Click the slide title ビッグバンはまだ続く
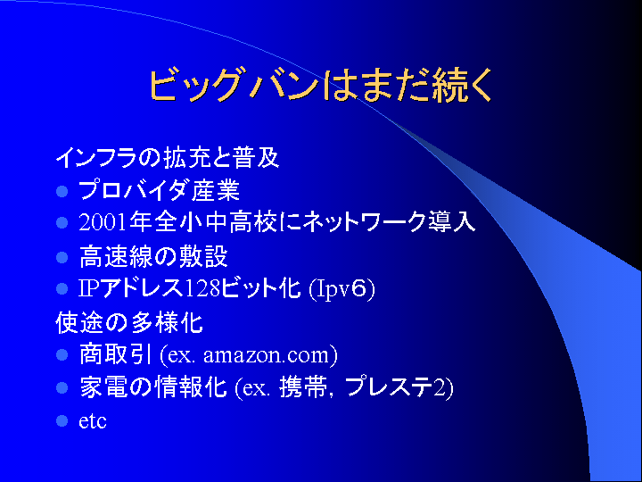click(x=321, y=86)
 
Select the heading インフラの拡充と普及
click(x=168, y=157)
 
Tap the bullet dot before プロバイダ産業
click(x=62, y=191)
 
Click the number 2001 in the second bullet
click(x=103, y=223)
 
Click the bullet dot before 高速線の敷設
click(x=62, y=257)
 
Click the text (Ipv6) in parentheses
click(x=342, y=289)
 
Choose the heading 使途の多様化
click(x=129, y=322)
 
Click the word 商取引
click(x=115, y=354)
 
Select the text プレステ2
click(x=396, y=387)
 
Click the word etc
click(x=93, y=421)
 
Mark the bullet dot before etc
click(x=62, y=421)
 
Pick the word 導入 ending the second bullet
click(x=451, y=223)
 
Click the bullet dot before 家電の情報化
click(x=62, y=387)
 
